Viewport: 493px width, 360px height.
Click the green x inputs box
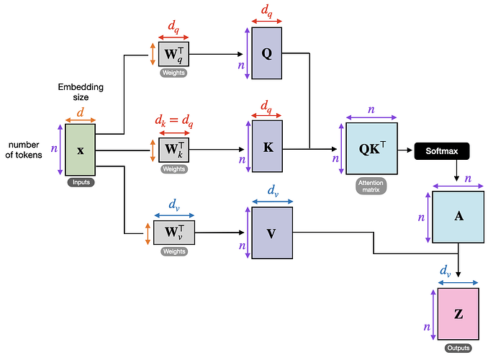click(x=81, y=150)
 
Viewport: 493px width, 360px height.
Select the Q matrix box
click(x=267, y=54)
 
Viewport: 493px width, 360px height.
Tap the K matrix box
click(x=267, y=146)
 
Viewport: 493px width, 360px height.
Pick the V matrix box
click(x=271, y=233)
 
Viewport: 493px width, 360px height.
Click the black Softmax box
click(x=442, y=151)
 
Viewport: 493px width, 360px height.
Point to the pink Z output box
click(x=458, y=315)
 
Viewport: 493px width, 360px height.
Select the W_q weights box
click(x=173, y=54)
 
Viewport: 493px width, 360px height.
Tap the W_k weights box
click(x=173, y=150)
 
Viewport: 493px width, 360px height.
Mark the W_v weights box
click(x=173, y=232)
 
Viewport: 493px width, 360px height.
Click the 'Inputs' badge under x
click(x=81, y=183)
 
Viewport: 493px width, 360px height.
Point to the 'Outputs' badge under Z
click(x=458, y=348)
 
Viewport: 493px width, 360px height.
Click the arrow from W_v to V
click(x=219, y=233)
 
